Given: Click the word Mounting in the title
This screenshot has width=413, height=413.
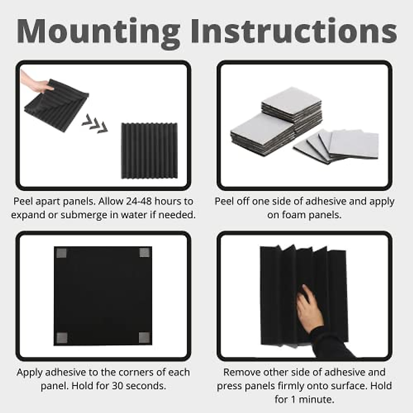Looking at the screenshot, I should coord(98,32).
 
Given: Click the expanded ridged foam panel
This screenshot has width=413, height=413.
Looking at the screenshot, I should coord(149,151).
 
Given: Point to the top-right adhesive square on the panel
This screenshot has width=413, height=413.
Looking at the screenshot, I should coord(145,253).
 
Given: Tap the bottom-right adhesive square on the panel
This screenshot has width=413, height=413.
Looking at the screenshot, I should coord(144,338).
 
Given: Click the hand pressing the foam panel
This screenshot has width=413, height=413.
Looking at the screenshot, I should coord(308,308).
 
